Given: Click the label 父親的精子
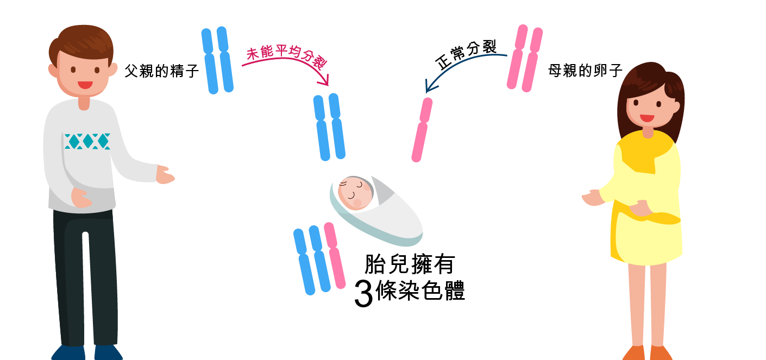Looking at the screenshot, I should pos(161,71).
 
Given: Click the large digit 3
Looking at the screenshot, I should pos(363,294).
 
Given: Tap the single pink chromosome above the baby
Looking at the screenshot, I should pos(422,129).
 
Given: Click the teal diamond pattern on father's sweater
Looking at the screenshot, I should pos(87,141).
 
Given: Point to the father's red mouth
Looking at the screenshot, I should pos(85,85).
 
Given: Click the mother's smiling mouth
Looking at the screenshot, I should pos(646,118).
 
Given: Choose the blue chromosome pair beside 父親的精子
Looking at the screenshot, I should pos(217,60).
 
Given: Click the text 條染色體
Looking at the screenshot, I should pos(420,292).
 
